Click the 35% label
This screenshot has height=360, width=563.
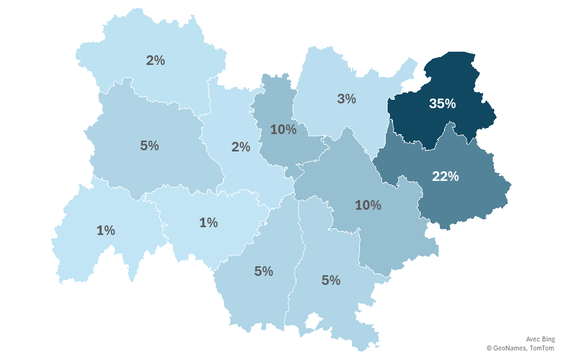pyautogui.click(x=442, y=103)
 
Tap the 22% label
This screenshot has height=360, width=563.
pyautogui.click(x=445, y=176)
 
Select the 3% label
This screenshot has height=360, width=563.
pyautogui.click(x=347, y=99)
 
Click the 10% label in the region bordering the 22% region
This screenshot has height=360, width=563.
pyautogui.click(x=368, y=205)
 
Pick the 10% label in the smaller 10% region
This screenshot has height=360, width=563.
pyautogui.click(x=283, y=129)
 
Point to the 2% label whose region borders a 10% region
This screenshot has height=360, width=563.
pyautogui.click(x=240, y=147)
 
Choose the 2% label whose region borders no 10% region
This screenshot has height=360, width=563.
pyautogui.click(x=155, y=60)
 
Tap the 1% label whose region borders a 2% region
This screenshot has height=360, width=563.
pyautogui.click(x=208, y=222)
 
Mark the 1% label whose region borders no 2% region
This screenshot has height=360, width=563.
pyautogui.click(x=106, y=230)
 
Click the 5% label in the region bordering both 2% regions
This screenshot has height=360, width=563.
pyautogui.click(x=149, y=145)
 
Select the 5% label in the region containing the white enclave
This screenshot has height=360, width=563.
pyautogui.click(x=331, y=280)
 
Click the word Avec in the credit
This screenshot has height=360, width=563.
pyautogui.click(x=533, y=339)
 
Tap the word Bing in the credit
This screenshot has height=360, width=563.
pyautogui.click(x=549, y=339)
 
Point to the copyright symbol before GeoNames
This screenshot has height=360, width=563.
pyautogui.click(x=489, y=348)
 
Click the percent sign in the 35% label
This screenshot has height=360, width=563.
pyautogui.click(x=450, y=103)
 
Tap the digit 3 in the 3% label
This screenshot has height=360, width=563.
pyautogui.click(x=341, y=99)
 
